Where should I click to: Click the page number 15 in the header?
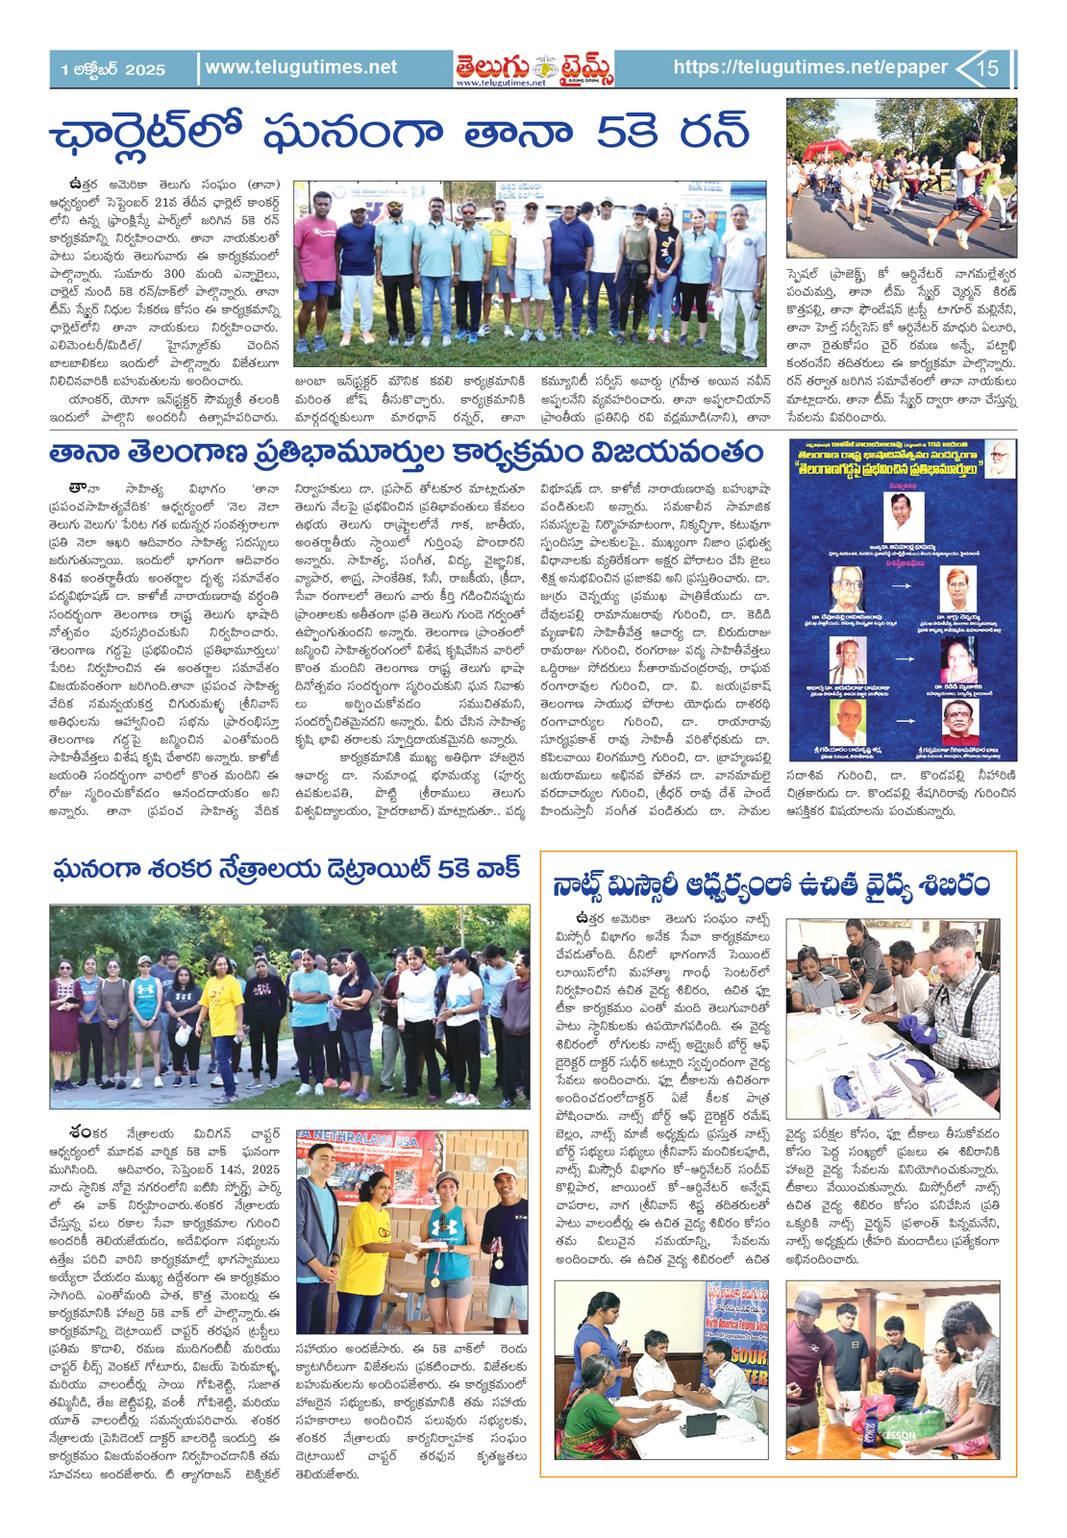(x=989, y=68)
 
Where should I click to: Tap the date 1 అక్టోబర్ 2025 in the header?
(x=112, y=69)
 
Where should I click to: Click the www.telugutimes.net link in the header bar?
(x=301, y=67)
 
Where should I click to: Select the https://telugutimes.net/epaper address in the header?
(x=810, y=67)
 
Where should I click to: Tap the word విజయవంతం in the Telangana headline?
(x=678, y=452)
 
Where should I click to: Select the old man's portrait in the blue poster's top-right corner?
(x=1001, y=456)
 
